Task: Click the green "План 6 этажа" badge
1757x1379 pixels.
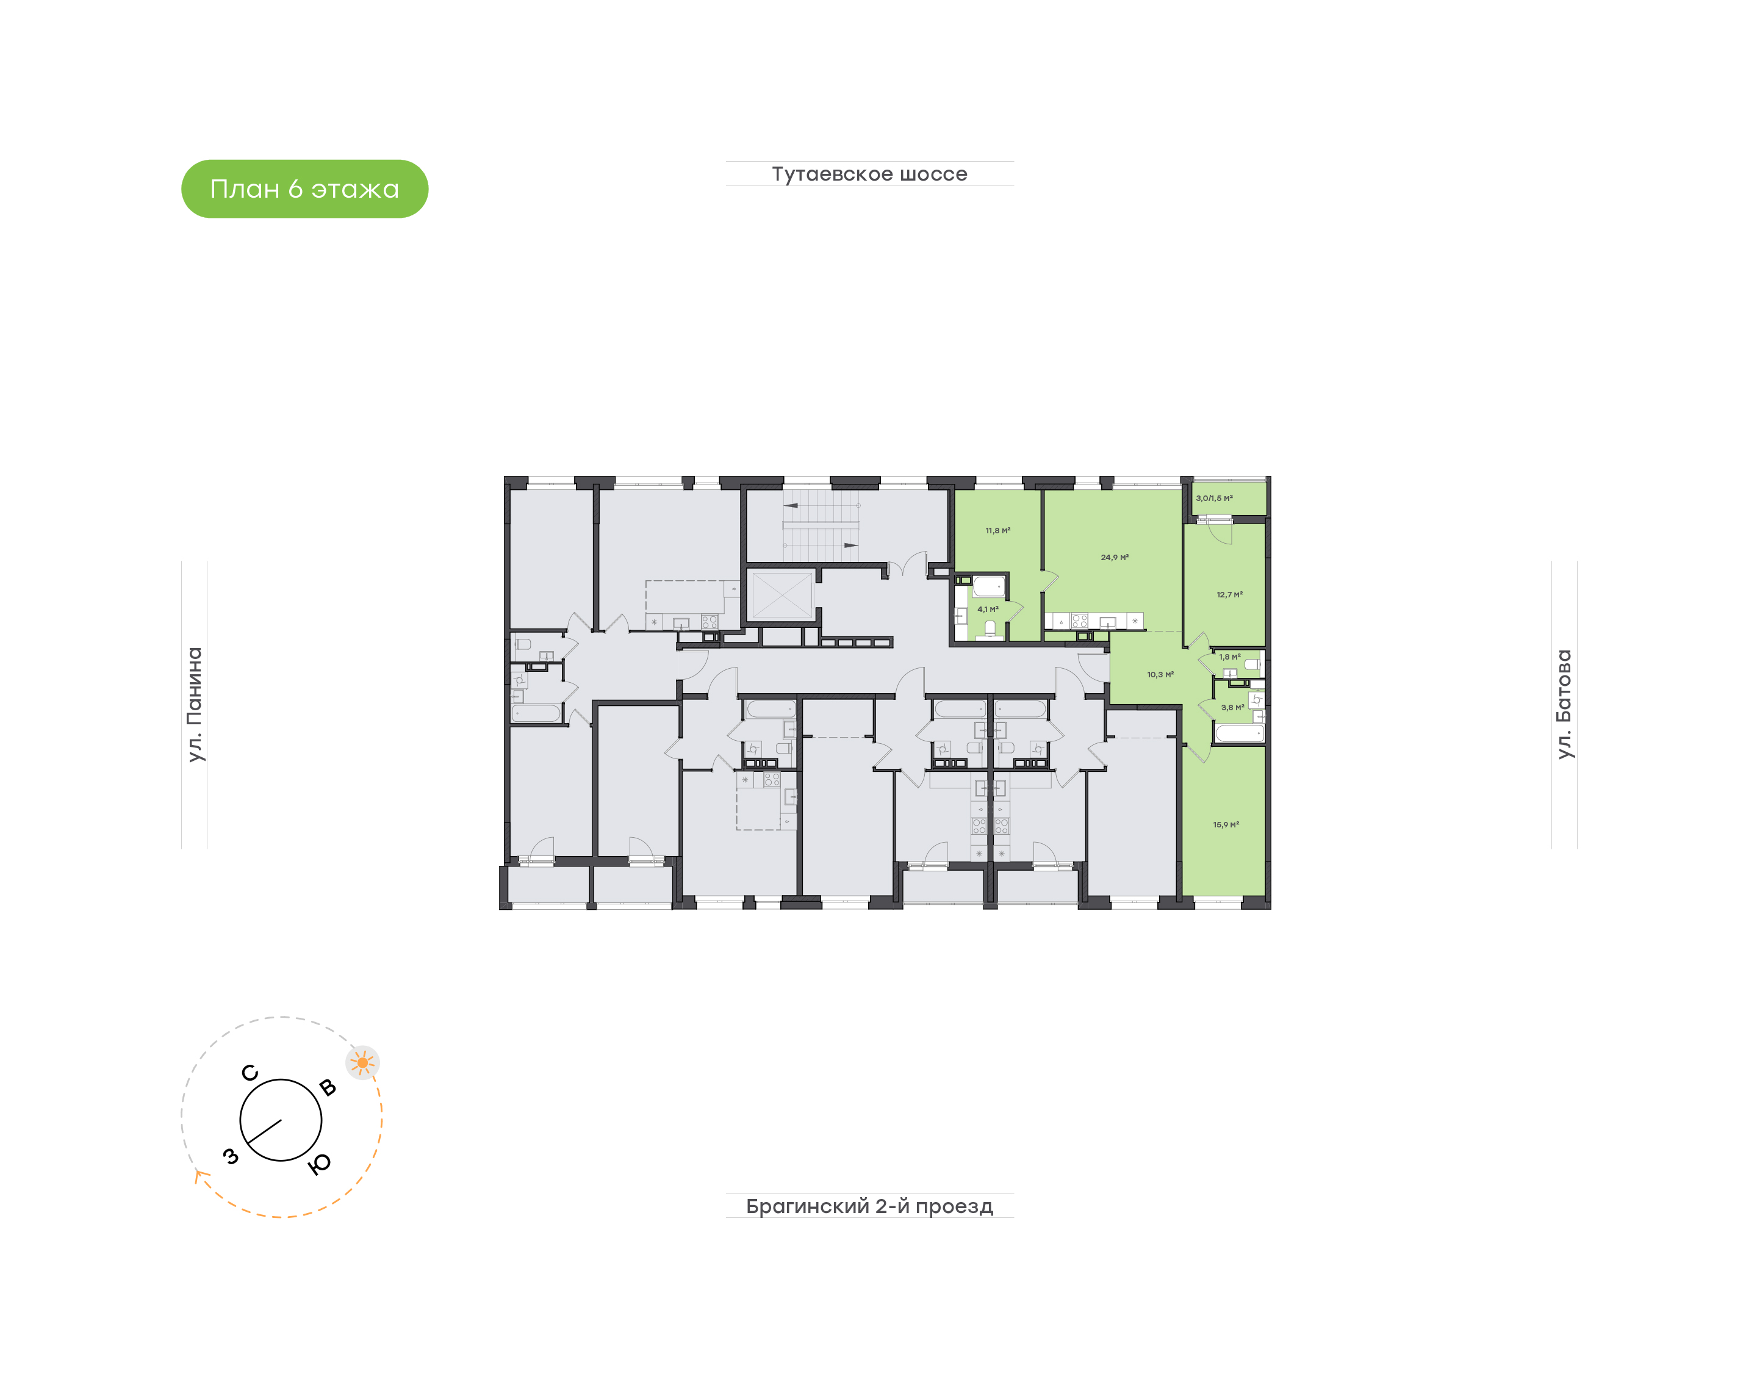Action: tap(304, 189)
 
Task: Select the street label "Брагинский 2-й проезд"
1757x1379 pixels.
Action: tap(869, 1206)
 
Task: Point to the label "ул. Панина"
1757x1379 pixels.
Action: tap(195, 704)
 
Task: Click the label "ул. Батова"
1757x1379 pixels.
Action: tap(1564, 704)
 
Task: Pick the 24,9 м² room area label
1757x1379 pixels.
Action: tap(1114, 557)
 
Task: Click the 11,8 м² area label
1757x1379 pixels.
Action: tap(997, 530)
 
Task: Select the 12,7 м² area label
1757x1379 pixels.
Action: tap(1229, 594)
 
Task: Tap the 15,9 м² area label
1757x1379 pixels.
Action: tap(1225, 824)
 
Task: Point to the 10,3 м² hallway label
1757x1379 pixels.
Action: tap(1160, 674)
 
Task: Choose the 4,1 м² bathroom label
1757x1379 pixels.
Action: tap(988, 609)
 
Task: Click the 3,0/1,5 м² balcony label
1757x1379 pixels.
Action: tap(1214, 498)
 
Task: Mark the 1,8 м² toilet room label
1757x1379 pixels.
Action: tap(1229, 657)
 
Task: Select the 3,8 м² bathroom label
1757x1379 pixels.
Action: tap(1232, 707)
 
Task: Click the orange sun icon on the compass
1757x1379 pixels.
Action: tap(362, 1062)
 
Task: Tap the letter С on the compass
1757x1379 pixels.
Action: tap(250, 1072)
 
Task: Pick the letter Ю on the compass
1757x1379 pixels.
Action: tap(320, 1164)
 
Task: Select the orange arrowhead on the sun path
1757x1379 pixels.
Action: tap(198, 1176)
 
